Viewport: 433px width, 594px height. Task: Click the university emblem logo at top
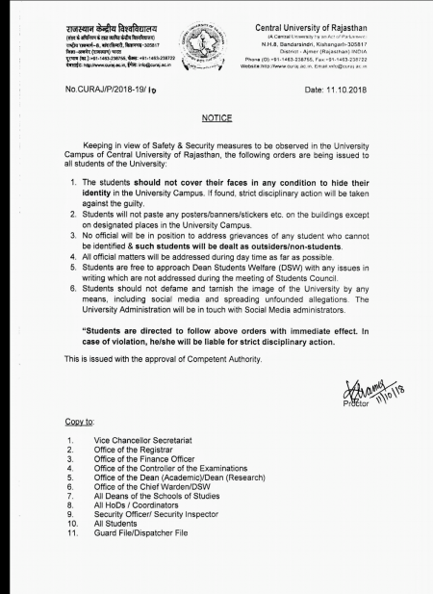216,43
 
